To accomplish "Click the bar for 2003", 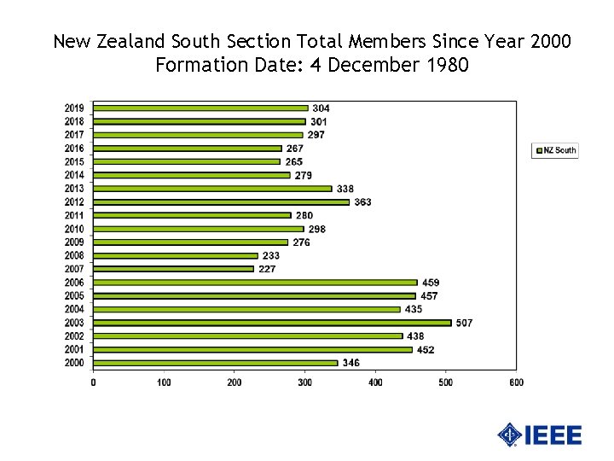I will pos(272,323).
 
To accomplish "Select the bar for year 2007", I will pos(173,269).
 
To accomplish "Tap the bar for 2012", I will pos(221,202).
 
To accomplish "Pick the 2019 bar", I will pos(200,108).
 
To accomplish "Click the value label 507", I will pos(464,323).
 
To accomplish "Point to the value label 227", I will pos(267,269).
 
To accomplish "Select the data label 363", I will pos(362,202).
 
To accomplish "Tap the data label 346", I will pos(350,363).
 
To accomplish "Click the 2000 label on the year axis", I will pos(74,363).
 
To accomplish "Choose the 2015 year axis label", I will pos(74,161).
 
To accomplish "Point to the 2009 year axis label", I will pos(74,242).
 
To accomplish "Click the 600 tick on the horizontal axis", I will pos(516,382).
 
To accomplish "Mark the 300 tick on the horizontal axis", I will pos(304,382).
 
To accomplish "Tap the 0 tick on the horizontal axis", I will pos(93,382).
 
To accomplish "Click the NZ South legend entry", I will pos(555,150).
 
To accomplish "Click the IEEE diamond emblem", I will pos(510,435).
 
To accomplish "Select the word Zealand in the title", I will pos(125,41).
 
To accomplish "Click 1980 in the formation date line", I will pos(446,64).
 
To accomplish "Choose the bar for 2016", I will pos(187,149).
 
